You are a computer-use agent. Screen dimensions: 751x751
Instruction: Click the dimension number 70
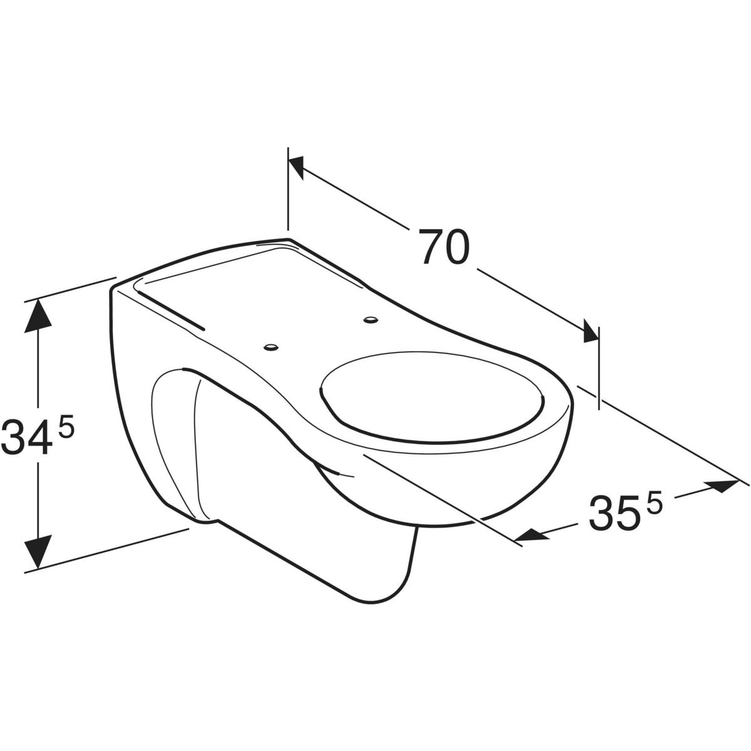[x=443, y=247]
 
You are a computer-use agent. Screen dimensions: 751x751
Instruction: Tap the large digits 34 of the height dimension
[x=26, y=436]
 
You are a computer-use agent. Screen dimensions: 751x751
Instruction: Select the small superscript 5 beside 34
[x=66, y=424]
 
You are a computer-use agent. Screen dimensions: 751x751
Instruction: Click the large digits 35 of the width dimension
[x=614, y=513]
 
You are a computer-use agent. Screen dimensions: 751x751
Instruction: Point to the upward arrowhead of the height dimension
[x=38, y=316]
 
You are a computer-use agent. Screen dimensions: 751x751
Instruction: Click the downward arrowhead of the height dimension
[x=38, y=552]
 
